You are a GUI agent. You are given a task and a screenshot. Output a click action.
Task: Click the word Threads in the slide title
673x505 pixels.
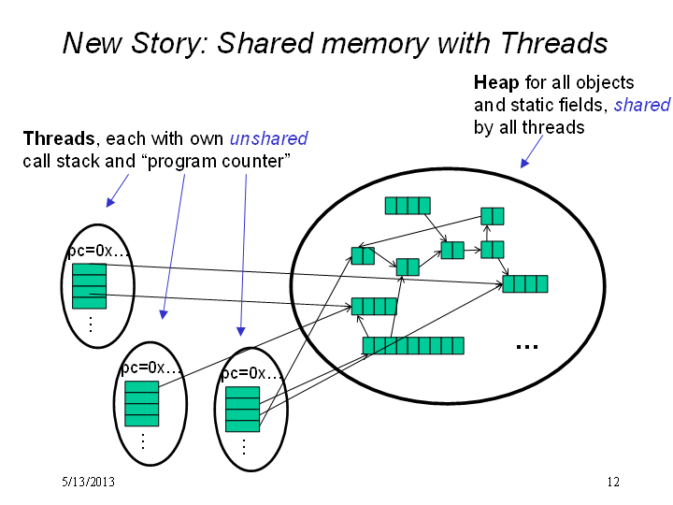coord(554,43)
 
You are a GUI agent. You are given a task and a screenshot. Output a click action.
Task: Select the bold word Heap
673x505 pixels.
coord(496,82)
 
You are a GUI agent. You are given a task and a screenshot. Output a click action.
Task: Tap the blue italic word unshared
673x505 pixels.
coord(268,138)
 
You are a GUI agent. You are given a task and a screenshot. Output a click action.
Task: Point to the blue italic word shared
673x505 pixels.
coord(642,105)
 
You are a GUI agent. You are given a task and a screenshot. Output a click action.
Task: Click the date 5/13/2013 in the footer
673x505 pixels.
coord(89,482)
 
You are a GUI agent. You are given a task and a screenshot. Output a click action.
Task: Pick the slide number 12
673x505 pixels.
coord(613,482)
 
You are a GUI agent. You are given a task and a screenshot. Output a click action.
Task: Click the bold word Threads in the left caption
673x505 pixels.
coord(59,138)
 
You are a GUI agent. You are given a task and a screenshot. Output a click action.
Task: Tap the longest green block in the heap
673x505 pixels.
coord(413,346)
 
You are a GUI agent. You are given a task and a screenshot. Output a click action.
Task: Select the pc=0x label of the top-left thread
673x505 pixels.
coord(98,251)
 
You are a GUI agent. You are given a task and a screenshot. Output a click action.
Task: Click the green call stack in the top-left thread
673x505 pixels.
coord(90,286)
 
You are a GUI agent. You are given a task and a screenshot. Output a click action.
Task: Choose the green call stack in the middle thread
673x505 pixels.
coord(142,404)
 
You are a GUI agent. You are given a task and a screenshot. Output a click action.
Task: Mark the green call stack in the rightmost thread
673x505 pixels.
coord(242,410)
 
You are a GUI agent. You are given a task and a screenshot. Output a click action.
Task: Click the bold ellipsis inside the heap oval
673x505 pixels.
coord(527,347)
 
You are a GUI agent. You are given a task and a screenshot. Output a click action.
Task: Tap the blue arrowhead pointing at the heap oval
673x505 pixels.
coord(524,163)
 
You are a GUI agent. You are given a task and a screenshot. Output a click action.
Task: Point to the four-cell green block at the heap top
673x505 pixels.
coord(408,206)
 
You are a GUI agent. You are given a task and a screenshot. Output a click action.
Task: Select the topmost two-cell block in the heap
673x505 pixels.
coord(493,216)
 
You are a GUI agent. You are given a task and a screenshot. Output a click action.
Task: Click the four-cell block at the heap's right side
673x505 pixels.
coord(525,284)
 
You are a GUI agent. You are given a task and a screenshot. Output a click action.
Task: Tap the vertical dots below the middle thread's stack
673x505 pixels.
coord(143,441)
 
